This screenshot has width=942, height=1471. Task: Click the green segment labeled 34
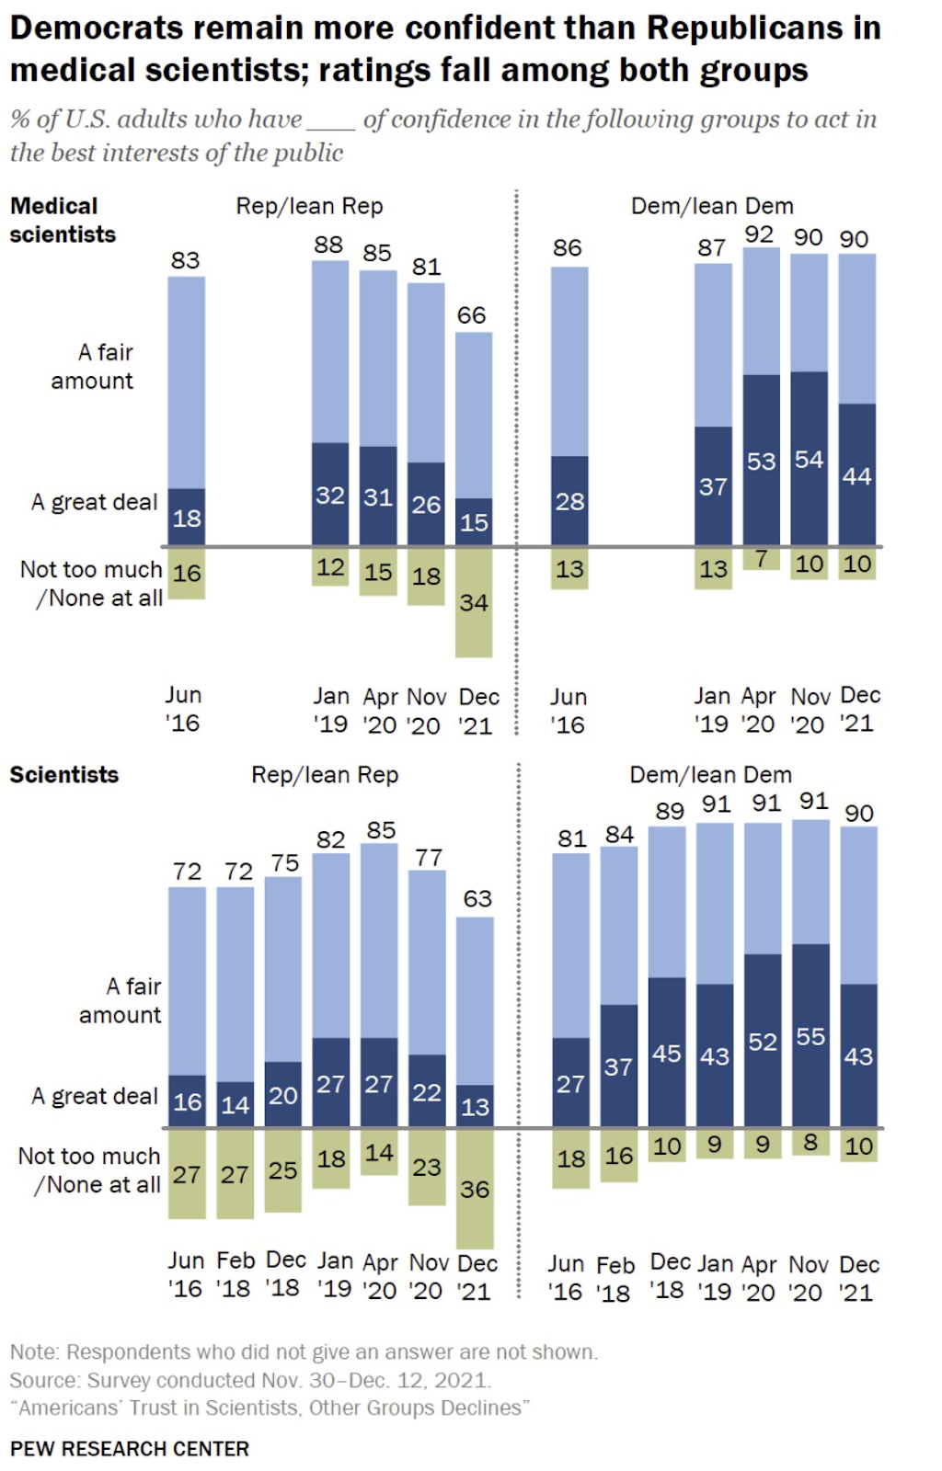(474, 603)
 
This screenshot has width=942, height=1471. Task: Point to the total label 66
(471, 315)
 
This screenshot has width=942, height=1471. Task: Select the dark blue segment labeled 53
(761, 460)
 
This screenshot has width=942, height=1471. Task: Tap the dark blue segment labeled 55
(810, 1035)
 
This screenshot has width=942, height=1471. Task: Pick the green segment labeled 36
(475, 1188)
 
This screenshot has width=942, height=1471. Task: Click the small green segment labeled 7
(761, 558)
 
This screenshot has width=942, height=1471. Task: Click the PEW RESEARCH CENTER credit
(130, 1449)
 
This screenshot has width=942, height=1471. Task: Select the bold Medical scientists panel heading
(63, 220)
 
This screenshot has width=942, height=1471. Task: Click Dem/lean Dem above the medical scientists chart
(712, 206)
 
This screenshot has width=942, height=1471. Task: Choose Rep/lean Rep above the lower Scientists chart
(325, 775)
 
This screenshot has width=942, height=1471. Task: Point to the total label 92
(759, 234)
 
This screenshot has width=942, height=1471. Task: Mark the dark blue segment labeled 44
(856, 474)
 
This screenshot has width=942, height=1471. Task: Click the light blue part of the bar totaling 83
(187, 382)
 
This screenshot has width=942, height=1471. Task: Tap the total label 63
(477, 898)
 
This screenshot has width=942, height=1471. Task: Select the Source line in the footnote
(250, 1380)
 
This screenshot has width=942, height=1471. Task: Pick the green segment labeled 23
(427, 1167)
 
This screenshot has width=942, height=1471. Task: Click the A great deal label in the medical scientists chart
(94, 502)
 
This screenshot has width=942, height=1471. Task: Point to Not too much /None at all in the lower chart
(89, 1170)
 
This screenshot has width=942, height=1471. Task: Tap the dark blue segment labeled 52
(763, 1041)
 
